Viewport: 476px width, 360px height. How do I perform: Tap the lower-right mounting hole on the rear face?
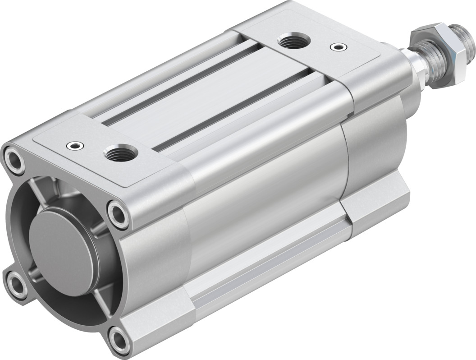coord(119,337)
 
